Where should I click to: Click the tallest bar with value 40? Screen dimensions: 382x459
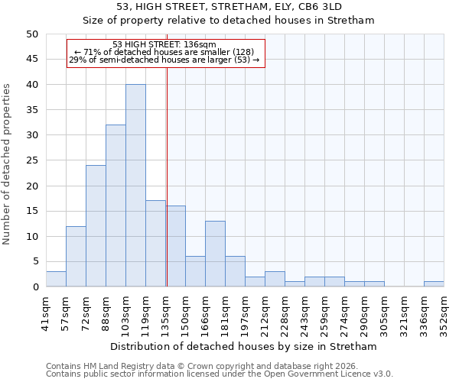(135, 186)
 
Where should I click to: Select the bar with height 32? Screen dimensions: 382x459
(116, 206)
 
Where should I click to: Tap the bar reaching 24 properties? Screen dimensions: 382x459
(96, 226)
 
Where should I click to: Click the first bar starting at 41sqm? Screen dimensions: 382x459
(56, 279)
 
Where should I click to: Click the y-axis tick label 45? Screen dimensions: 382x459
(31, 60)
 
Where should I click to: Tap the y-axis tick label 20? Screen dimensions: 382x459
(31, 186)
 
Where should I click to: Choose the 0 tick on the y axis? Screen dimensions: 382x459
(34, 287)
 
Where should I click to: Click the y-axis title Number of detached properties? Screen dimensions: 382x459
(7, 164)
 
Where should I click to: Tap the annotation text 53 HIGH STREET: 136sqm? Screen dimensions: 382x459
(164, 45)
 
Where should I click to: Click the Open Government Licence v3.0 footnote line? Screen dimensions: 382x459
(220, 374)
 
